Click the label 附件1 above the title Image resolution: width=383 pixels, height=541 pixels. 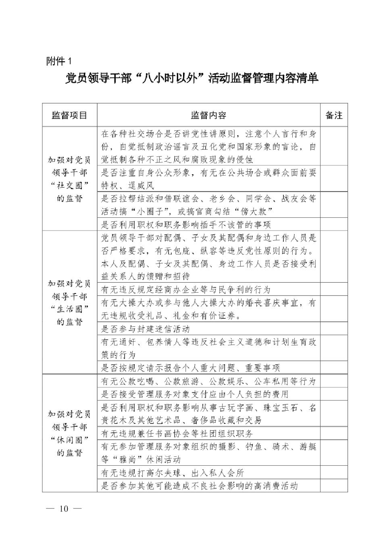(59, 61)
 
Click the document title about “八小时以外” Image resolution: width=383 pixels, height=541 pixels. (192, 79)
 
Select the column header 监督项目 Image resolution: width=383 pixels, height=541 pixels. (69, 115)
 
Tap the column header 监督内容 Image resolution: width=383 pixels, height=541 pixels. (208, 115)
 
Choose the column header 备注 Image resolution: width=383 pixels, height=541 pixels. (334, 115)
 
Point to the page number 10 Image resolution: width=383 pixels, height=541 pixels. (64, 508)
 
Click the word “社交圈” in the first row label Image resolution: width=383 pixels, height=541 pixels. (69, 185)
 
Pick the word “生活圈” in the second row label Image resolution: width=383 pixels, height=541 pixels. (69, 309)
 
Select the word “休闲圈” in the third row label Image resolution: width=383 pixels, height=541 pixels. (69, 440)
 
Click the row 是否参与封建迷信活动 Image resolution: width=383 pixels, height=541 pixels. (146, 329)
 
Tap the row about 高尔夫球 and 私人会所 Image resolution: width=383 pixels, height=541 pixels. (173, 473)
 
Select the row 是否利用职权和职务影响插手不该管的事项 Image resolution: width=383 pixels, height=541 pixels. (186, 224)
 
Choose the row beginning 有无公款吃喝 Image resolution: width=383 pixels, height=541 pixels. (208, 381)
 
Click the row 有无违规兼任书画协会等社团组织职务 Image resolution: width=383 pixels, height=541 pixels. (177, 434)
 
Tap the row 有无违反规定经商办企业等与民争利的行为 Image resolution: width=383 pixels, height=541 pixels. (186, 289)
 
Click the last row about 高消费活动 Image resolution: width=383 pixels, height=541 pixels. (200, 486)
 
